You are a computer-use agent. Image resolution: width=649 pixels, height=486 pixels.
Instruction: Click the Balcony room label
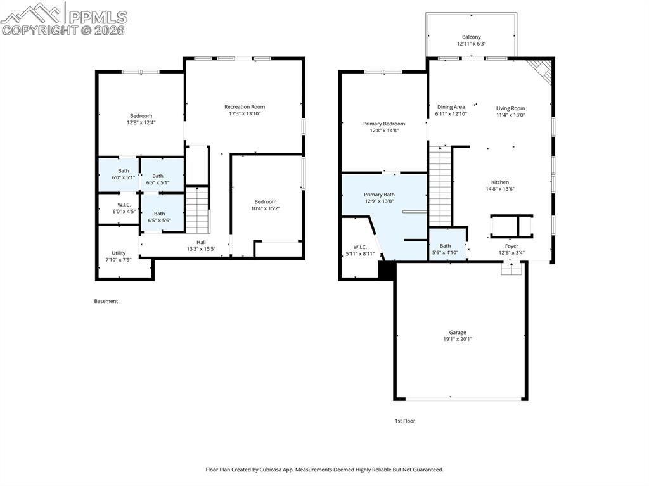pyautogui.click(x=471, y=37)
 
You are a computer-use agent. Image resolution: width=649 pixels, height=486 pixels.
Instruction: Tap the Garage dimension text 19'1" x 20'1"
pyautogui.click(x=458, y=339)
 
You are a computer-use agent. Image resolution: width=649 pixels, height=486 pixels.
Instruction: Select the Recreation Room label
pyautogui.click(x=245, y=106)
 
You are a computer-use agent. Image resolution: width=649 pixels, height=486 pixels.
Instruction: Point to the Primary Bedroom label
pyautogui.click(x=383, y=124)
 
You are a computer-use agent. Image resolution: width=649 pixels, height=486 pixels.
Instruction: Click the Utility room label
pyautogui.click(x=119, y=253)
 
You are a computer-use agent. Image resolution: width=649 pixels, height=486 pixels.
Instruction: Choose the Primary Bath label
pyautogui.click(x=379, y=195)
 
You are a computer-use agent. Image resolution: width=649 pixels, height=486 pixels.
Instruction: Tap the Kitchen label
pyautogui.click(x=499, y=182)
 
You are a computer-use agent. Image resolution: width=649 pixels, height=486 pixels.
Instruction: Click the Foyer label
pyautogui.click(x=511, y=246)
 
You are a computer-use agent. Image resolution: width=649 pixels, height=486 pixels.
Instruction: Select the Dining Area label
pyautogui.click(x=451, y=107)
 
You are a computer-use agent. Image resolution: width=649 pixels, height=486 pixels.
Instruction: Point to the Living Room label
pyautogui.click(x=510, y=108)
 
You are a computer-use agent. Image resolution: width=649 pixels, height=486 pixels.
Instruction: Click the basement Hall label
pyautogui.click(x=201, y=241)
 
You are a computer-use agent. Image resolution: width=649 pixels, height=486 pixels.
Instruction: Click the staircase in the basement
pyautogui.click(x=198, y=211)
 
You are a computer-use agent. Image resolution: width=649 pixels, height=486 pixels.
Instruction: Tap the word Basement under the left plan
pyautogui.click(x=106, y=301)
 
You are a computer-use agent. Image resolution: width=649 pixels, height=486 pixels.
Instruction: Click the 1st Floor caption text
pyautogui.click(x=405, y=421)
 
